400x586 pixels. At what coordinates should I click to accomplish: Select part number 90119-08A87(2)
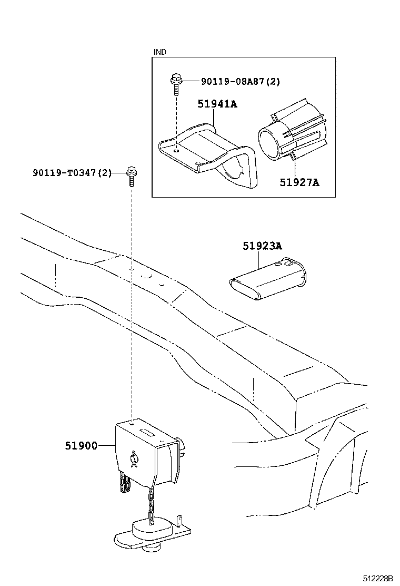pyautogui.click(x=241, y=81)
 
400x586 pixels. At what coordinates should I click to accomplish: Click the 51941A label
pyautogui.click(x=217, y=104)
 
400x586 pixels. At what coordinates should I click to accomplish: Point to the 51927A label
pyautogui.click(x=299, y=183)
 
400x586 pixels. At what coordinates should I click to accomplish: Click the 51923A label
pyautogui.click(x=262, y=246)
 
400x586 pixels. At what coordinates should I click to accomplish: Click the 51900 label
pyautogui.click(x=81, y=446)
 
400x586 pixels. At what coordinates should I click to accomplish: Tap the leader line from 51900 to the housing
pyautogui.click(x=107, y=446)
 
